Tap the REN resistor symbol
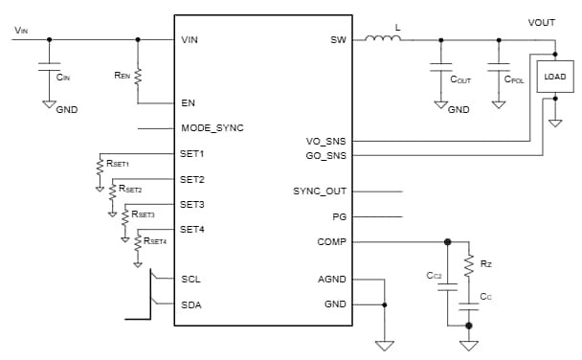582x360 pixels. pos(138,75)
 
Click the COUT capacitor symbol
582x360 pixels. pos(440,68)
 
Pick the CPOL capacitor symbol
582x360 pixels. pos(499,68)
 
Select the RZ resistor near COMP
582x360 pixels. pos(468,263)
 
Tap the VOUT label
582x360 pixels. pos(542,22)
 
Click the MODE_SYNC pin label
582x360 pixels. pos(213,127)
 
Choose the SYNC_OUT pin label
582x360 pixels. pos(320,191)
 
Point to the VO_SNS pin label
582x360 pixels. pos(325,141)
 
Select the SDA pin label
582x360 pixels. pos(191,305)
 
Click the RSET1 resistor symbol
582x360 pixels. pos(99,169)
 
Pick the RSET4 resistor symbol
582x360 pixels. pos(138,243)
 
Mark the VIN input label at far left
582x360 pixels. pos(21,30)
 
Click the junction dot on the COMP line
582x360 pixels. pos(447,242)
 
